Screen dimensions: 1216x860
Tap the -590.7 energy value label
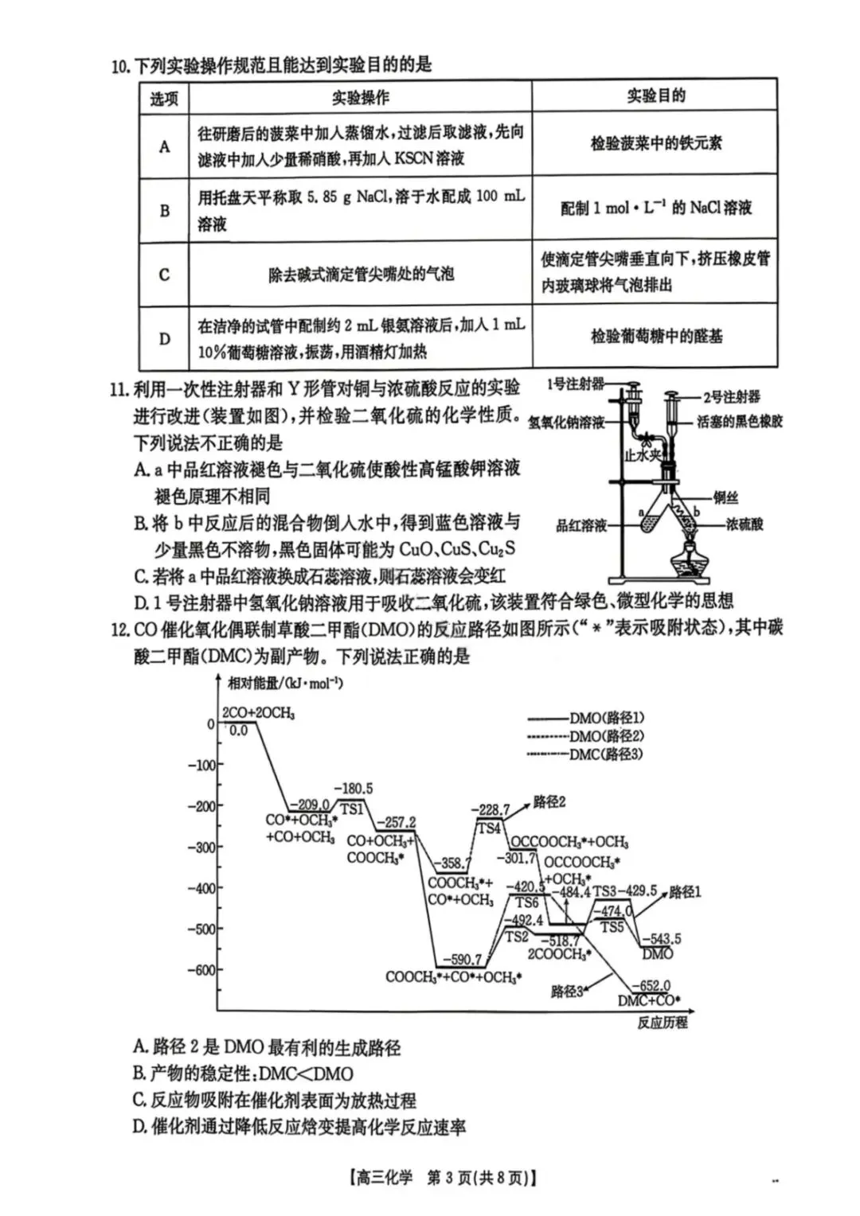[x=463, y=961]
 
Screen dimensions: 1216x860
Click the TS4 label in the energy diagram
[x=489, y=828]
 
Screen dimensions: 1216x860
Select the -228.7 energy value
[x=491, y=809]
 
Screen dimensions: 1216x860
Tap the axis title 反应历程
[x=662, y=1023]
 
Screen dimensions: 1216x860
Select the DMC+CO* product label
[x=649, y=1001]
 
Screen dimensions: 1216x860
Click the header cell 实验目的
[x=655, y=95]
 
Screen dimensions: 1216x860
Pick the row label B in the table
[x=165, y=211]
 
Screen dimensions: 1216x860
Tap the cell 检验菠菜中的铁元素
[x=655, y=143]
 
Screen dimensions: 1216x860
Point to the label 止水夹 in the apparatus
[x=642, y=455]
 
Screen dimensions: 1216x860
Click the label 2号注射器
[x=730, y=397]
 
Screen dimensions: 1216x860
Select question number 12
[x=120, y=629]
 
